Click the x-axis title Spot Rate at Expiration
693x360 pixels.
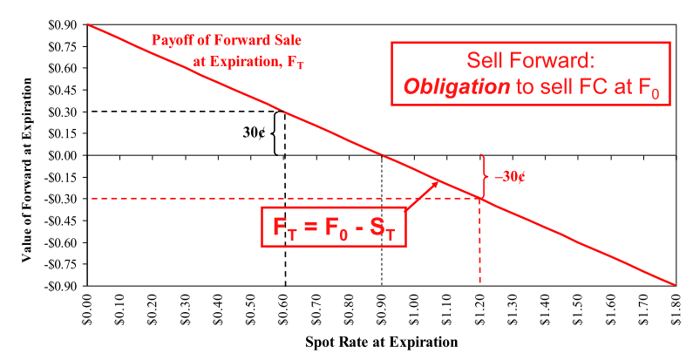[381, 343]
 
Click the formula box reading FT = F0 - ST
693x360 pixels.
[334, 228]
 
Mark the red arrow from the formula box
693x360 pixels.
[422, 194]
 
